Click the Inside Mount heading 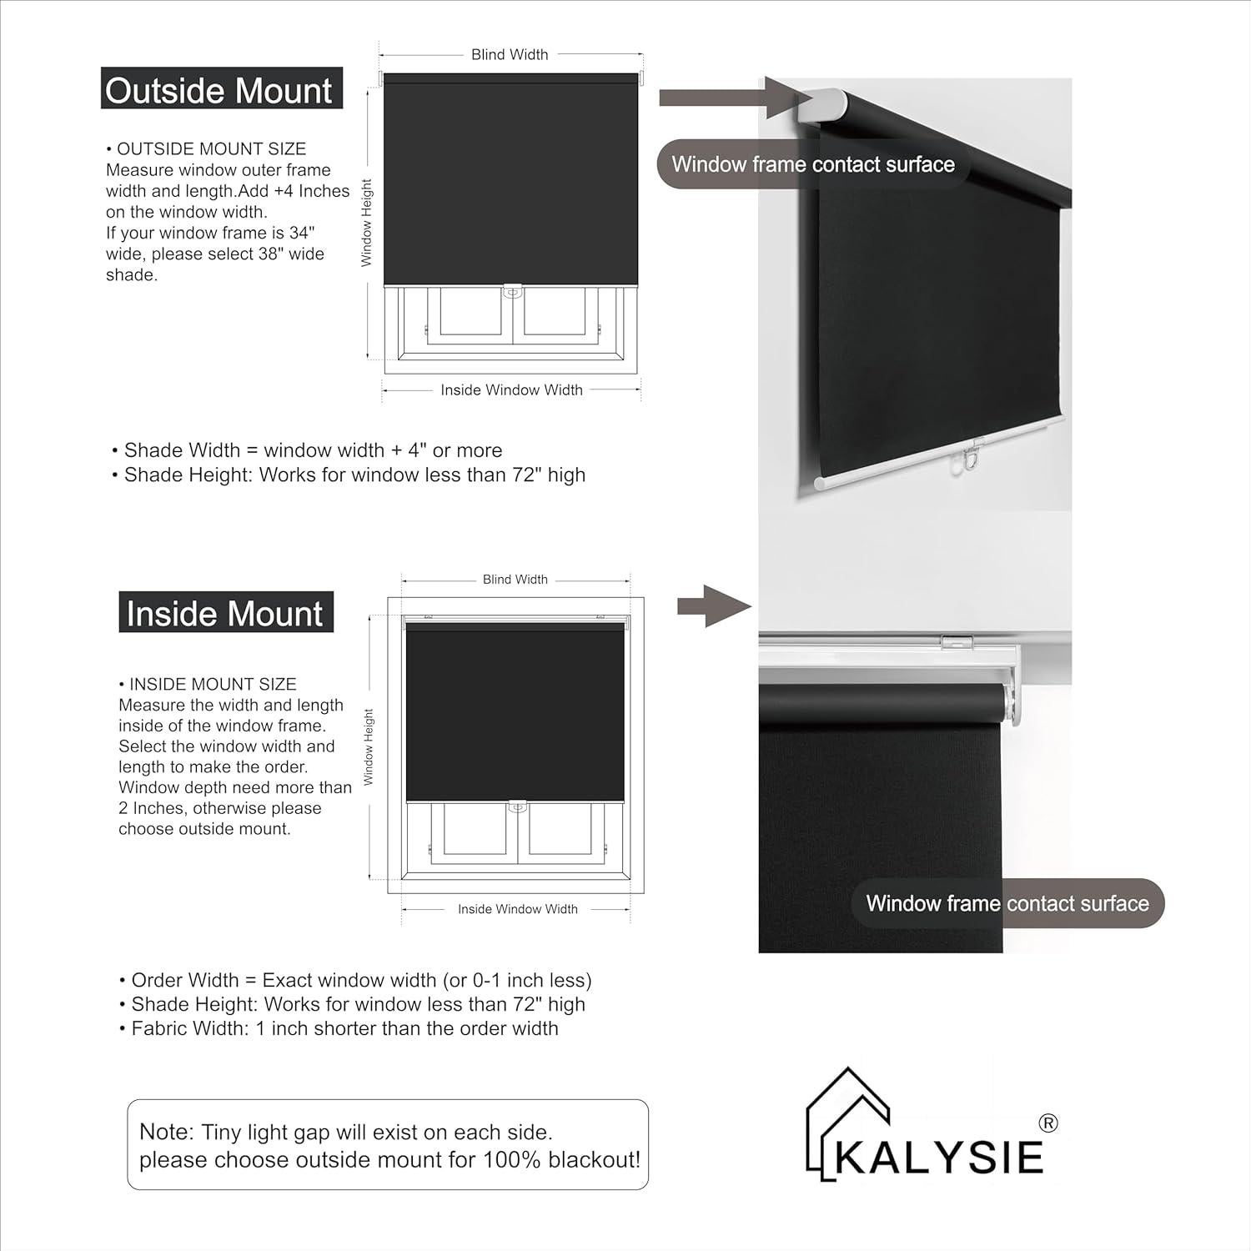click(225, 614)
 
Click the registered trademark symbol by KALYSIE click(1049, 1123)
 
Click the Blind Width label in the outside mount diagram click(510, 55)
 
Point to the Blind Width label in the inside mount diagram click(515, 580)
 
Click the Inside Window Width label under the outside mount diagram click(511, 390)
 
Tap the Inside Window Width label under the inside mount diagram click(517, 909)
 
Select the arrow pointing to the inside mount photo click(713, 606)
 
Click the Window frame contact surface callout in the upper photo click(813, 164)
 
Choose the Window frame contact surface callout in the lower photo click(1007, 903)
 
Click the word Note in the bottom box click(166, 1132)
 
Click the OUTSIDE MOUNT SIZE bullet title click(211, 149)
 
